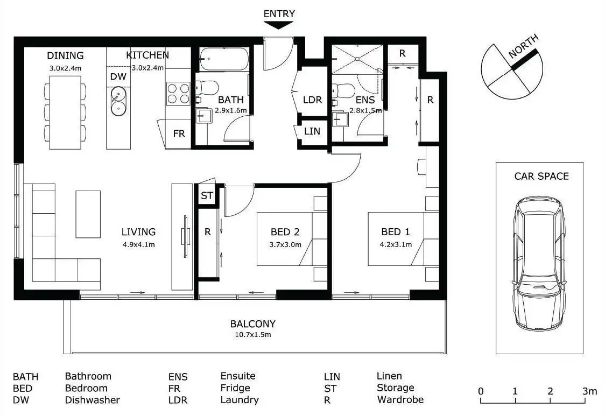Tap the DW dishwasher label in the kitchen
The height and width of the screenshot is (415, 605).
point(118,76)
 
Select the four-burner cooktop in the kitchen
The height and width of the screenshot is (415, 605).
point(178,93)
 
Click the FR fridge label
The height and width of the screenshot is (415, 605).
point(179,133)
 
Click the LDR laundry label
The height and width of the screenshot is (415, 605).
point(312,100)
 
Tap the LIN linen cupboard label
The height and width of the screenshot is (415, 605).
point(312,131)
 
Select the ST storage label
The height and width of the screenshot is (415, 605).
point(207,195)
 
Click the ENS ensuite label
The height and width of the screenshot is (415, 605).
point(365,100)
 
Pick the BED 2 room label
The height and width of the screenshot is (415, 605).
point(285,232)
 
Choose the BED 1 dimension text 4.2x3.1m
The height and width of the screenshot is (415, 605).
point(396,244)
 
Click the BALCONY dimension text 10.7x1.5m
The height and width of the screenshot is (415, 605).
point(252,334)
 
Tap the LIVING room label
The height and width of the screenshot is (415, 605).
point(138,232)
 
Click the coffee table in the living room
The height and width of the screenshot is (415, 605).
point(88,214)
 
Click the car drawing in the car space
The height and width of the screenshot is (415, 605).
point(540,264)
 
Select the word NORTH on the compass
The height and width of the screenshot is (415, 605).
point(523,46)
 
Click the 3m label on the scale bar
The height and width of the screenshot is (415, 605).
point(590,391)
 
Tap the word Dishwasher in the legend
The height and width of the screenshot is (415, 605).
point(92,400)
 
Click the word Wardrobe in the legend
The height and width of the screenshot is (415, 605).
point(400,400)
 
